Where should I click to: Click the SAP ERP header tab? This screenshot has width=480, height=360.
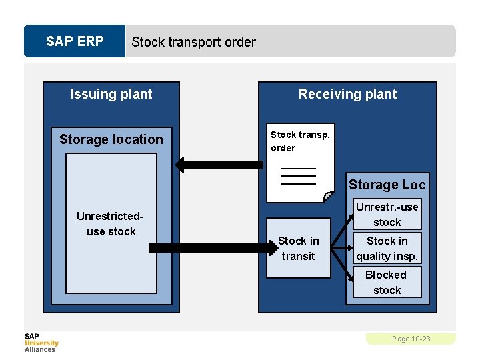[x=75, y=41]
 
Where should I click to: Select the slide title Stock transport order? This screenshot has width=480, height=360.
[x=193, y=42]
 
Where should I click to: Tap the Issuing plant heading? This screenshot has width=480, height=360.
[x=111, y=94]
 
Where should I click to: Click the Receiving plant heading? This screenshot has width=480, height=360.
[x=347, y=94]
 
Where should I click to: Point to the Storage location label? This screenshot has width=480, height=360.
[x=111, y=139]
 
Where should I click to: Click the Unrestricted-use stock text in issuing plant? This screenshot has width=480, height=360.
[x=111, y=224]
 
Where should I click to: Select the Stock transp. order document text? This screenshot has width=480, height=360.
[x=299, y=141]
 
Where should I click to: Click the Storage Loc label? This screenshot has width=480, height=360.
[x=386, y=185]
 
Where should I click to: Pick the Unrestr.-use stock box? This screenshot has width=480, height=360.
[x=387, y=214]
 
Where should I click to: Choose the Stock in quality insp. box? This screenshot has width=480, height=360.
[x=387, y=248]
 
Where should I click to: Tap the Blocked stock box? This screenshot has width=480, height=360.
[x=387, y=282]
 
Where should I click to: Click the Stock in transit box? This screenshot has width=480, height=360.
[x=298, y=248]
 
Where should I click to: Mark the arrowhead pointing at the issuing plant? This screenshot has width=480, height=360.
[x=180, y=164]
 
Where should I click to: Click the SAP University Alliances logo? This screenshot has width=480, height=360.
[x=41, y=342]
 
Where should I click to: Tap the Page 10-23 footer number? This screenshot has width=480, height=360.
[x=411, y=339]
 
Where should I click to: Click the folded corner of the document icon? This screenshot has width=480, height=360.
[x=327, y=197]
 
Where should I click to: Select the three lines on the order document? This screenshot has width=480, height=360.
[x=298, y=176]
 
